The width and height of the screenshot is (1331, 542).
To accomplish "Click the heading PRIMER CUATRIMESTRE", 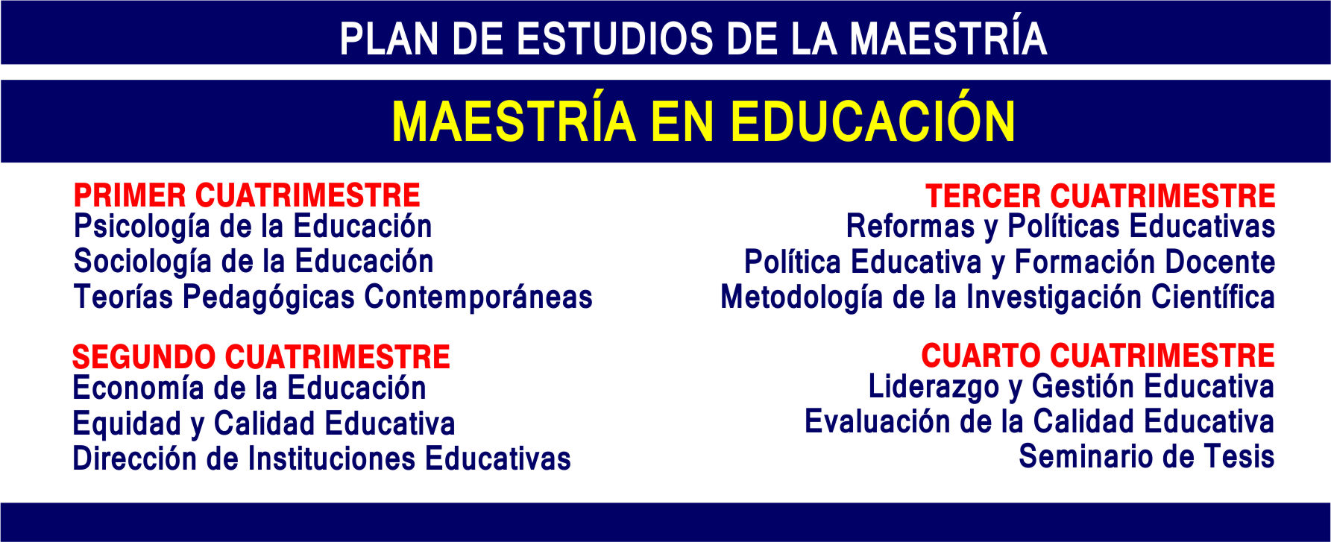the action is click(247, 195).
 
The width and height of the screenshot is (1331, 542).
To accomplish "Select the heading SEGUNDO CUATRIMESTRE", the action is click(261, 357).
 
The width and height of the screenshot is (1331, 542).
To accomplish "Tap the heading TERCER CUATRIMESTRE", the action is click(1101, 196).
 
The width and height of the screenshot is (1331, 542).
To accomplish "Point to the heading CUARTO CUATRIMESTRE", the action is click(1098, 356).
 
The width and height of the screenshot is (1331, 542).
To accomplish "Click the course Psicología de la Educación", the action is click(253, 227).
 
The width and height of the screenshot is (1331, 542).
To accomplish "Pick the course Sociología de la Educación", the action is click(254, 262).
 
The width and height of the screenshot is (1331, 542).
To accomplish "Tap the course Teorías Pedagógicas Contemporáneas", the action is click(333, 297).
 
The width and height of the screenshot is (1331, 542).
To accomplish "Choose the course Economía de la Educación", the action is click(249, 388).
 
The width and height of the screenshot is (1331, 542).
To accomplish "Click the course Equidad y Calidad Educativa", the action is click(263, 424).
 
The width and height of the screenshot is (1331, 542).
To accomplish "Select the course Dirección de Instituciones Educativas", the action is click(321, 459).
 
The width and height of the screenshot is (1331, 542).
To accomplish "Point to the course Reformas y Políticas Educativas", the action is click(1060, 227).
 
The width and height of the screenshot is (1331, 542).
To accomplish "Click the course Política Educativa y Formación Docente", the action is click(1010, 262).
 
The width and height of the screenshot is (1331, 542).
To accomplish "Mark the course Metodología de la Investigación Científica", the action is click(998, 297).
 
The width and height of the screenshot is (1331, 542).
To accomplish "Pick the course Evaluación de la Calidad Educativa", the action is click(1039, 422).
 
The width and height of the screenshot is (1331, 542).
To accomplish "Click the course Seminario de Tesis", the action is click(1147, 457).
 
